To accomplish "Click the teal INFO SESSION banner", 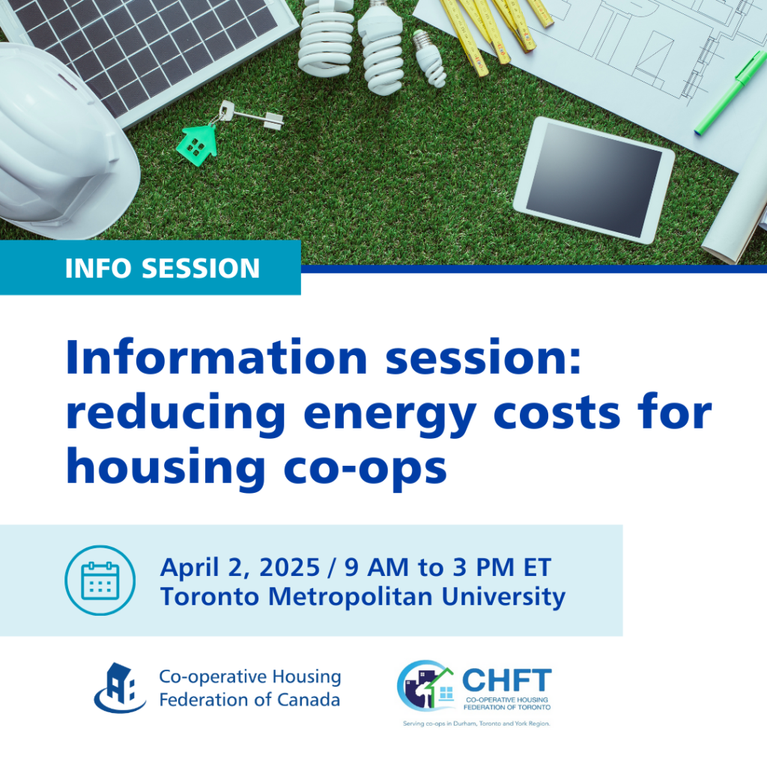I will tap(150, 267).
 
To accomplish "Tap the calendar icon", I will tap(100, 580).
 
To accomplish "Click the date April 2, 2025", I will tap(240, 567).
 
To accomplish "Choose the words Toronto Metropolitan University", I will tap(363, 597).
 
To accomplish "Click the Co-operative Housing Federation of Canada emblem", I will tap(119, 687).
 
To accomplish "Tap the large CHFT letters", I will tap(506, 681).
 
